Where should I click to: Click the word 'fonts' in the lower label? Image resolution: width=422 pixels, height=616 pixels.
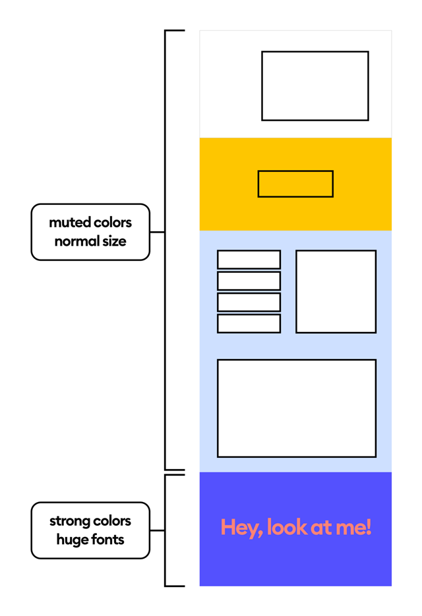(108, 540)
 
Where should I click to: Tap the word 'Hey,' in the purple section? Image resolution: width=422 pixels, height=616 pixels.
(237, 527)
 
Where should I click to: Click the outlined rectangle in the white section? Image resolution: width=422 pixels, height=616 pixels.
(315, 86)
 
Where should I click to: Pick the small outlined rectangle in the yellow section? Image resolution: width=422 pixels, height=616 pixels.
(295, 184)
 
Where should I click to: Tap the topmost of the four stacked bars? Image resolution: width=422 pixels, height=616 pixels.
(249, 260)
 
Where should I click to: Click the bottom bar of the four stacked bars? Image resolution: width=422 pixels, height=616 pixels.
(249, 323)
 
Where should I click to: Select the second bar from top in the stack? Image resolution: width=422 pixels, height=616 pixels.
(249, 281)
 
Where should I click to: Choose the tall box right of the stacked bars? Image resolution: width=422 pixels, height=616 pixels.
(336, 291)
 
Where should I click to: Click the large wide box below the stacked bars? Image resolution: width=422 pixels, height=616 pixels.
(296, 408)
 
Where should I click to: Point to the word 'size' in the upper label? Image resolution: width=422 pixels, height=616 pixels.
(114, 241)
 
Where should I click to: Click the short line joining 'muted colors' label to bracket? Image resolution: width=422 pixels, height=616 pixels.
(157, 232)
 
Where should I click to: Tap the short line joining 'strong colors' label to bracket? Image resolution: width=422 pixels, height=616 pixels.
(157, 530)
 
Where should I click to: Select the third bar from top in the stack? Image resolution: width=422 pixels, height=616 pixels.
(249, 302)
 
